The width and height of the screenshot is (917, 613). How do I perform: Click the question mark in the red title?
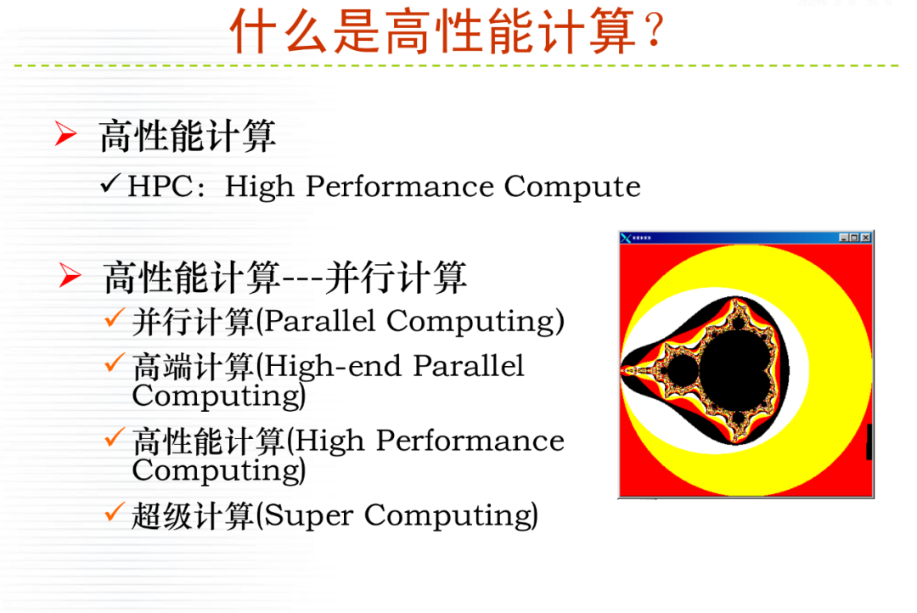pos(654,31)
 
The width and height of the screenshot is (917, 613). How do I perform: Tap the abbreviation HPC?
pos(159,187)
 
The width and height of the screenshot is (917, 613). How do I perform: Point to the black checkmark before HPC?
pos(110,183)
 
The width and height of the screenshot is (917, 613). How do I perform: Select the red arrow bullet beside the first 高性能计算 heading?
pos(65,132)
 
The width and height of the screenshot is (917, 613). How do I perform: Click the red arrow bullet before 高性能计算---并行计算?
pos(70,275)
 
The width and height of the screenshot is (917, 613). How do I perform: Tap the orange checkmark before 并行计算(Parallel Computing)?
pos(115,318)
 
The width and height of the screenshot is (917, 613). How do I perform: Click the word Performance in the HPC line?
pos(399,187)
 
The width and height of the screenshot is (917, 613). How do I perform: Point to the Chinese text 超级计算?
pos(193,515)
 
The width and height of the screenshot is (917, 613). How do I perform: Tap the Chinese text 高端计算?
pos(193,367)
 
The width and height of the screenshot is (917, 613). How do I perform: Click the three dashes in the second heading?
pos(302,279)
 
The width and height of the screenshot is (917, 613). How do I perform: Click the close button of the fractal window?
pos(865,238)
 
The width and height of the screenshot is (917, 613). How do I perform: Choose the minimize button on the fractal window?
pos(844,238)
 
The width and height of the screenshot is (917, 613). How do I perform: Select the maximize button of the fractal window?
pos(854,238)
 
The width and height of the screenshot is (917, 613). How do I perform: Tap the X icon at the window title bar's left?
pos(626,238)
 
